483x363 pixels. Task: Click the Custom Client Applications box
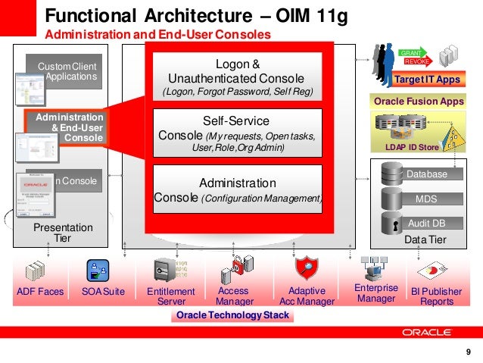(x=67, y=72)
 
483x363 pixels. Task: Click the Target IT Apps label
(x=428, y=80)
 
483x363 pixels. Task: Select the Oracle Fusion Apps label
(x=419, y=101)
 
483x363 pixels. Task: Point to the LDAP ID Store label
(x=413, y=146)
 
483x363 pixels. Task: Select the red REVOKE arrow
(x=418, y=61)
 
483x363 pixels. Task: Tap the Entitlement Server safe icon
(x=166, y=270)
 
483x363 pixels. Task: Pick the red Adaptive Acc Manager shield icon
(x=307, y=269)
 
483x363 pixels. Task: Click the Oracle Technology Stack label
(x=232, y=315)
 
